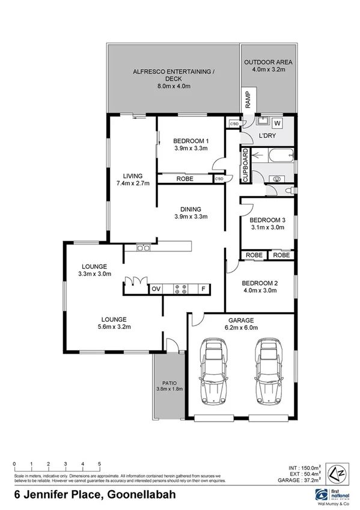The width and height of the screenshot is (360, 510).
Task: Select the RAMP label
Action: tap(247, 99)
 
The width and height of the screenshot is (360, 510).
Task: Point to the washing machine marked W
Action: tap(277, 123)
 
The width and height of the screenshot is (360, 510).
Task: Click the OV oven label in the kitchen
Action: tap(156, 289)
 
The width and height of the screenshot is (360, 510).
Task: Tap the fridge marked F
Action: tap(203, 289)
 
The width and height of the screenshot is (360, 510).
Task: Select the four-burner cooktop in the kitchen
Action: tap(180, 289)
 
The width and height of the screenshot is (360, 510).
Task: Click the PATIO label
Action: tap(168, 382)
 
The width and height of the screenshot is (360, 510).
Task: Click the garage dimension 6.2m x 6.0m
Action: tap(241, 328)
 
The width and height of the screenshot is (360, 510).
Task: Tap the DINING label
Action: tap(191, 209)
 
